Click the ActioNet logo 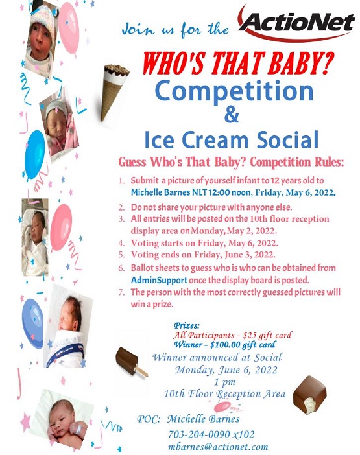(296, 23)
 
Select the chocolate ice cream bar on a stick (130, 361)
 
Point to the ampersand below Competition (232, 114)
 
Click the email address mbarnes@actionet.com (218, 447)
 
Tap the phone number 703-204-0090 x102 (211, 434)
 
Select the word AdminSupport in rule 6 (159, 280)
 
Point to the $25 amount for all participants (250, 336)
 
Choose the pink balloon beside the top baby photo (69, 28)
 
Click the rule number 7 (121, 292)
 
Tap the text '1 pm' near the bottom (224, 382)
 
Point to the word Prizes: (187, 325)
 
